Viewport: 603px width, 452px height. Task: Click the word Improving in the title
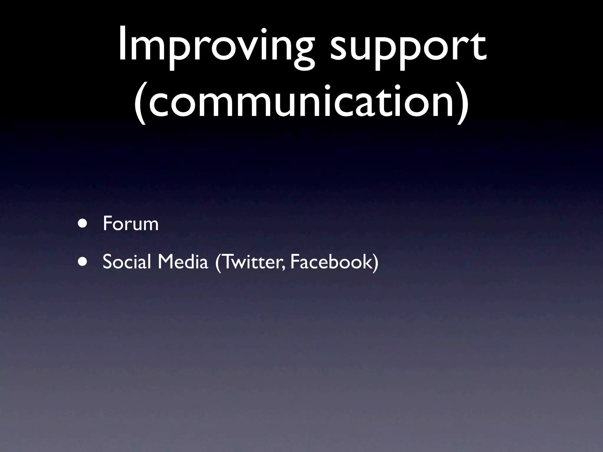tap(215, 47)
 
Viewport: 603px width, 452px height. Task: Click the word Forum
tap(131, 224)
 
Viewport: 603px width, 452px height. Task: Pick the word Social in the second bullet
tap(127, 262)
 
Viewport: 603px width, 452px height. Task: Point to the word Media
tap(183, 262)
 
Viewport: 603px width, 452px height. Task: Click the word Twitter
tap(252, 262)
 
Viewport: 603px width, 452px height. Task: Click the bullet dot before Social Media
tap(83, 262)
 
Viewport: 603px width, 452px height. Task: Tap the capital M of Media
tap(165, 262)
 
